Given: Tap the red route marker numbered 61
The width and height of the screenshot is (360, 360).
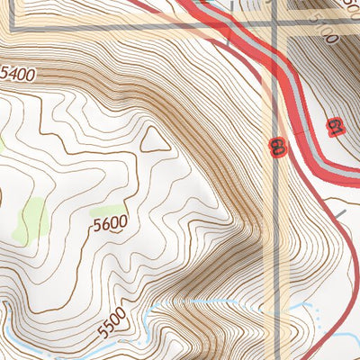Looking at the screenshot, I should click(335, 127).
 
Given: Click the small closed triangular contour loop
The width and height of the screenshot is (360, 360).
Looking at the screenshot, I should click(155, 139).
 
